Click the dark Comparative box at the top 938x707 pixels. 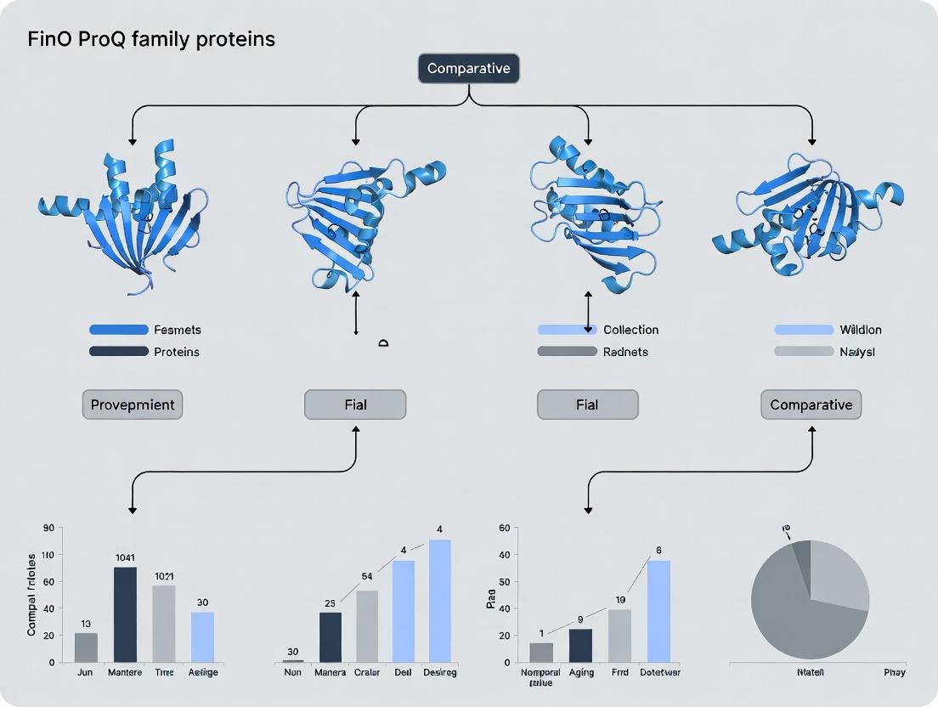point(468,69)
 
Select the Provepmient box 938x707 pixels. point(133,404)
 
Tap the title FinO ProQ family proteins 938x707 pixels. point(151,39)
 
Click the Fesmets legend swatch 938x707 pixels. point(118,330)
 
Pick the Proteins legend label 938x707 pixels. point(177,352)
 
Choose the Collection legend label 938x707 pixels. point(630,330)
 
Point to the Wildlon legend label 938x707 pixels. point(861,330)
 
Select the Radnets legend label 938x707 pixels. point(625,352)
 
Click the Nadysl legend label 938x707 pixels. point(858,352)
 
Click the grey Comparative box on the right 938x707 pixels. point(811,404)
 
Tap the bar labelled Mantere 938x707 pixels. point(125,614)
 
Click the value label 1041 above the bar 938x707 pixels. point(125,557)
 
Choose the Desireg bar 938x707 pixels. point(439,601)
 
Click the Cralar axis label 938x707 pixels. point(367,673)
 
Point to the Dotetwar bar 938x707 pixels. point(658,611)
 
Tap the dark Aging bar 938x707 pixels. point(580,646)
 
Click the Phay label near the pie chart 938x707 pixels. point(894,672)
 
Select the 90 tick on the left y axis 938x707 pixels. point(48,528)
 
